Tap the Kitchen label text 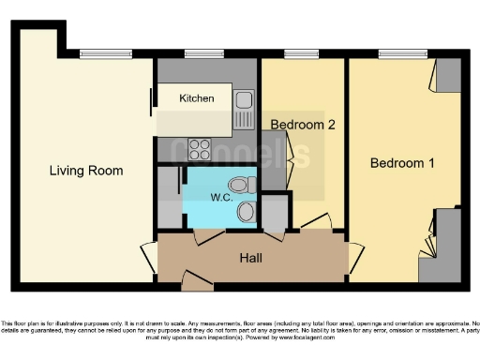coord(197,98)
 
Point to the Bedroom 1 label coord(402,163)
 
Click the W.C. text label coord(222,198)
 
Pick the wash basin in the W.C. coord(246,211)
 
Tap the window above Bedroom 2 coord(298,53)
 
